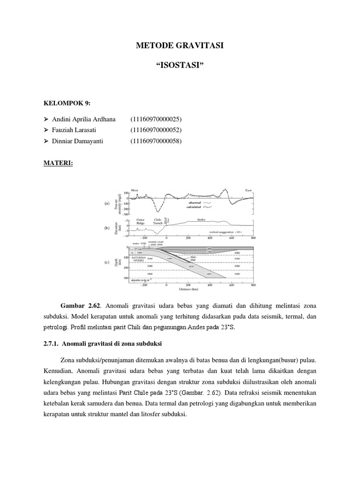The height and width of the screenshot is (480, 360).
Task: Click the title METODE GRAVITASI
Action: coord(180,46)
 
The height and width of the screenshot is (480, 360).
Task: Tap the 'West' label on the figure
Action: coord(135,190)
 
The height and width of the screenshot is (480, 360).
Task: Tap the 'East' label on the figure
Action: coord(249,190)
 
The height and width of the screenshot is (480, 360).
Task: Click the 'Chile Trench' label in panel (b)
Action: coord(158,221)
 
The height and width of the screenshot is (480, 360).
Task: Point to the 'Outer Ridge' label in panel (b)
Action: coord(141,221)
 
